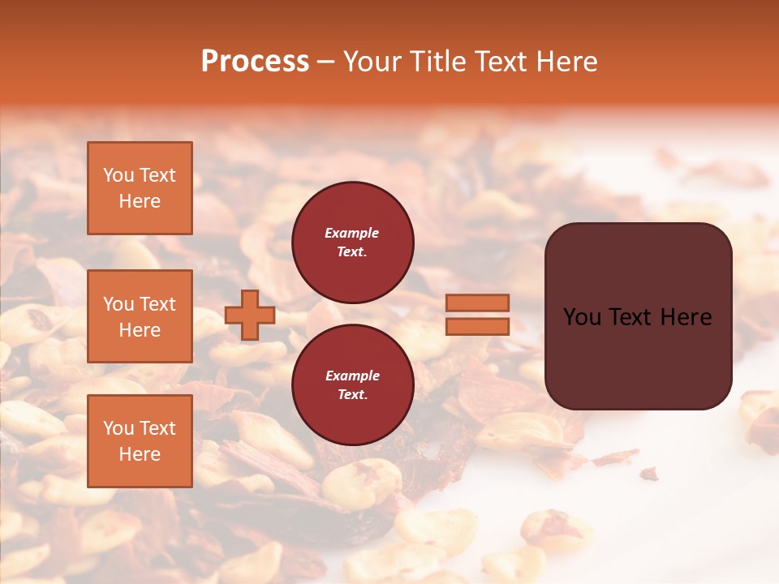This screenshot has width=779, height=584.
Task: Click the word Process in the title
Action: [x=255, y=61]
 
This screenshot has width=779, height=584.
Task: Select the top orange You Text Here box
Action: [x=140, y=188]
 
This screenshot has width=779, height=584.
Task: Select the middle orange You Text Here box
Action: [x=140, y=316]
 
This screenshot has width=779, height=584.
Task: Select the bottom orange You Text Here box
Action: [x=140, y=440]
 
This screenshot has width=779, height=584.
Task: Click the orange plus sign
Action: [x=250, y=315]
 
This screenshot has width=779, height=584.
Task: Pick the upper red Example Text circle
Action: [x=352, y=242]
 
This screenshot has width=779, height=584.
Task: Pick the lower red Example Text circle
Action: [x=352, y=384]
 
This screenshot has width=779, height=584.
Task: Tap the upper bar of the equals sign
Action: [x=478, y=303]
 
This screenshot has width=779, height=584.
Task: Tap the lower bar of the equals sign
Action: [x=478, y=326]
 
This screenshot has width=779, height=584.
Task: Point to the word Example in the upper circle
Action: [x=351, y=233]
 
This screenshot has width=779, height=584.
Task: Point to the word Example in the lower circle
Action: [x=352, y=376]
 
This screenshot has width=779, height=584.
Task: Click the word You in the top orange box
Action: [x=118, y=175]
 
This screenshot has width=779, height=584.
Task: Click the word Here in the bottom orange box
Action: [x=140, y=454]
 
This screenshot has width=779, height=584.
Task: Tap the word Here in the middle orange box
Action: [x=140, y=330]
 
